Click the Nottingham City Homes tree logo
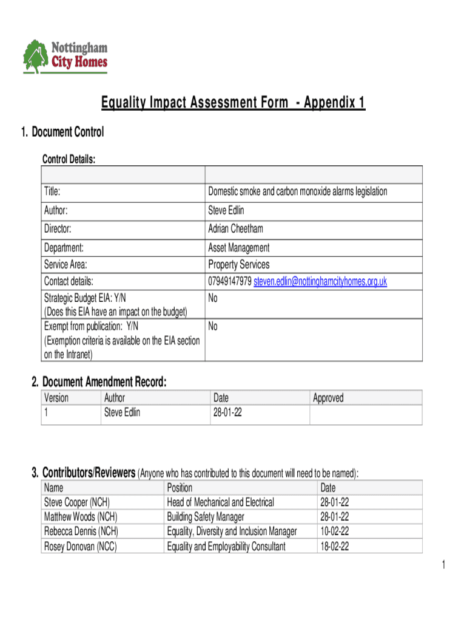tap(36, 56)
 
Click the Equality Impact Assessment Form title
tap(233, 104)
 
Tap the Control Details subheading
tap(69, 159)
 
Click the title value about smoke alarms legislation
tap(297, 192)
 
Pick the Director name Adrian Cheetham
tap(235, 229)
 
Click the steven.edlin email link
tap(320, 281)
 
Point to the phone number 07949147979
tap(230, 281)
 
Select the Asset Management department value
tap(238, 248)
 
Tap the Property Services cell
tap(238, 264)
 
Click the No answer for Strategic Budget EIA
tap(213, 298)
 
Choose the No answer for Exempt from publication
tap(213, 327)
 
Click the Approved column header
tap(328, 398)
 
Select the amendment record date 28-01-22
tap(227, 413)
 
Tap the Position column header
tap(180, 488)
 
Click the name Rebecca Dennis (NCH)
tap(81, 531)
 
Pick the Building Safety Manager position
tap(206, 517)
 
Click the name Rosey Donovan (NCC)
tap(81, 546)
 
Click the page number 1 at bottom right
tap(443, 566)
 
